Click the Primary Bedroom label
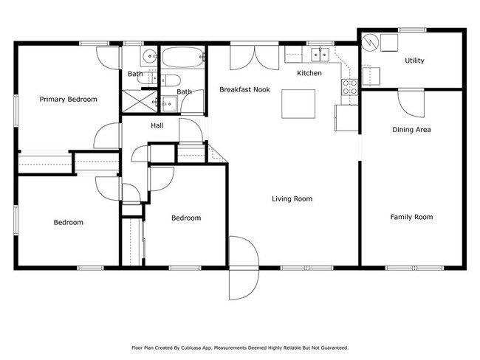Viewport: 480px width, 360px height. point(68,100)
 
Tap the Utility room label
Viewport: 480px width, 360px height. point(414,60)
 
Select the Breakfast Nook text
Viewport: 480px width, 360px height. point(245,89)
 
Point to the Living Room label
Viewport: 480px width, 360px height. point(292,198)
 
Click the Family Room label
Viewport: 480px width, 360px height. point(411,217)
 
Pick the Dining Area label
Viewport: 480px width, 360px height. point(411,130)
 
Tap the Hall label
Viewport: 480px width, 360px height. point(157,125)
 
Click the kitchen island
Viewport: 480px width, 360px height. point(298,104)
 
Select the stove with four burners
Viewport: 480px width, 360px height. point(349,87)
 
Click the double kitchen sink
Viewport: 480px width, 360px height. point(320,55)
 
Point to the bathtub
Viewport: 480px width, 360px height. point(182,57)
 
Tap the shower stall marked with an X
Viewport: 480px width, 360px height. point(140,101)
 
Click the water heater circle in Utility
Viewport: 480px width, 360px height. point(370,43)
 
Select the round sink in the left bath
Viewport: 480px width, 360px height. point(149,56)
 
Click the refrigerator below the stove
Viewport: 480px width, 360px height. point(346,118)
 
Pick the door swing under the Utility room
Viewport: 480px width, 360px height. point(411,103)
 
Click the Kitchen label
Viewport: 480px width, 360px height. point(309,73)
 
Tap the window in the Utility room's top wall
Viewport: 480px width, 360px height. point(412,30)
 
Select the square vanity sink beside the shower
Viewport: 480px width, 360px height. point(169,104)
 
